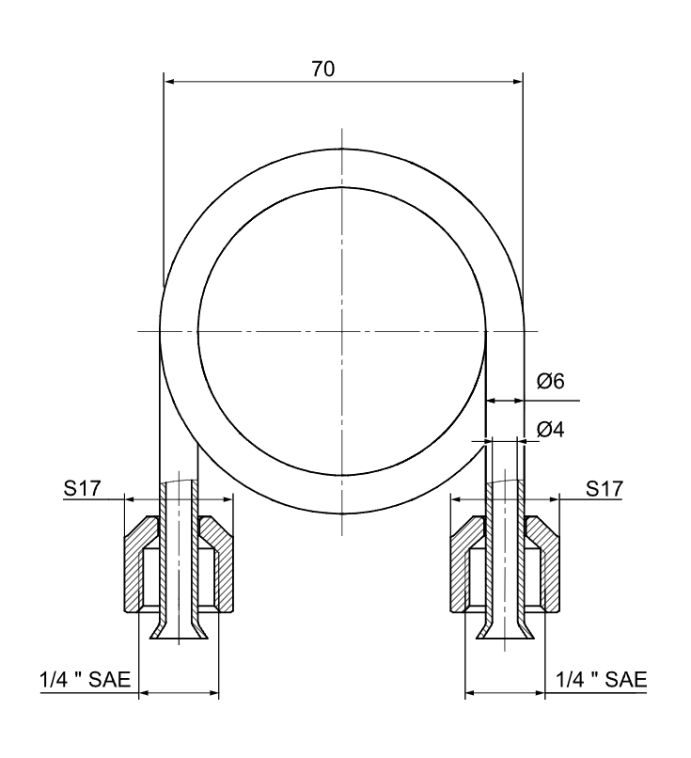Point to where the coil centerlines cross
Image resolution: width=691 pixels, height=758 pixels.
click(x=342, y=331)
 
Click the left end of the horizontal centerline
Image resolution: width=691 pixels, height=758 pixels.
click(x=138, y=331)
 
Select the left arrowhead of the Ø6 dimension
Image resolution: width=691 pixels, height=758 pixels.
click(x=491, y=400)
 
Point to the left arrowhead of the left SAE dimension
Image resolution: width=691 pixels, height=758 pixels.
click(x=144, y=695)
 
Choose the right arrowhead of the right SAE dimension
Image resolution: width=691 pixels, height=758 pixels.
click(x=540, y=695)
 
